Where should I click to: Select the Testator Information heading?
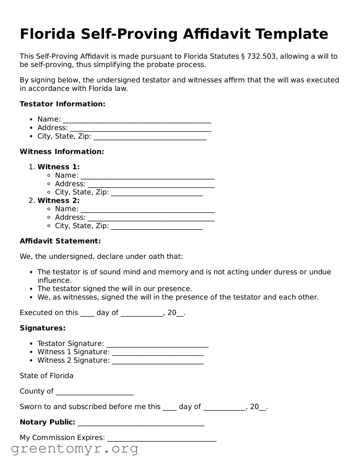click(x=62, y=104)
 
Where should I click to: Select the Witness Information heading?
click(x=62, y=152)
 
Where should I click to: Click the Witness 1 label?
click(x=58, y=167)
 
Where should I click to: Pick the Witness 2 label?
click(x=58, y=200)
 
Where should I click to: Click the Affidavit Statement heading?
click(x=60, y=241)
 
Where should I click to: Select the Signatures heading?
click(x=43, y=328)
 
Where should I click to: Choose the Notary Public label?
click(x=47, y=422)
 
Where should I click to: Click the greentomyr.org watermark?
click(x=74, y=449)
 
